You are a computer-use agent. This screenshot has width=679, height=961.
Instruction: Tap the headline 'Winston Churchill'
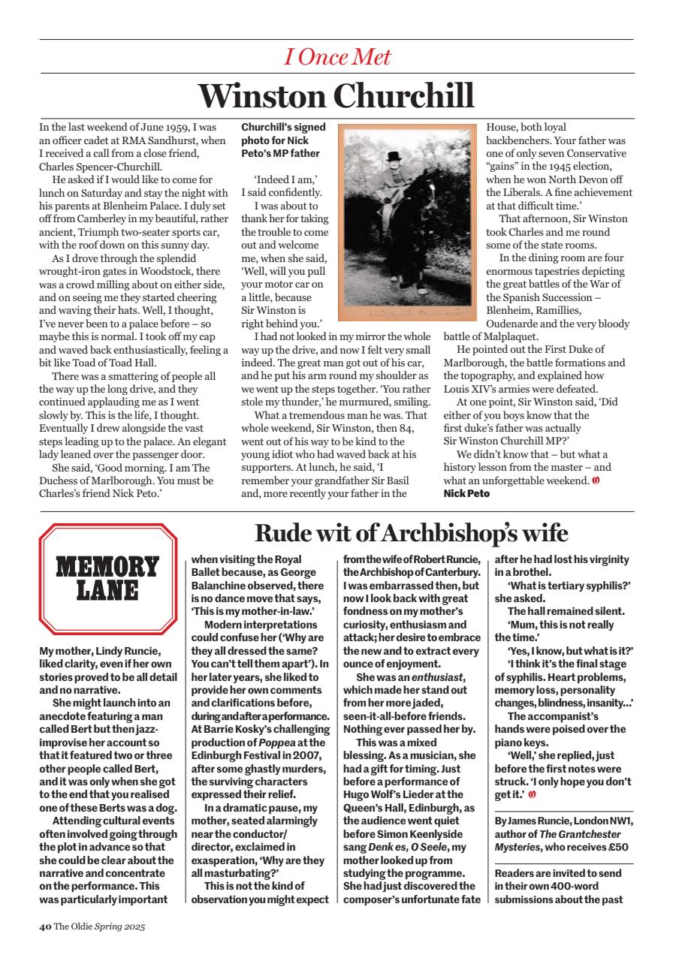tap(336, 96)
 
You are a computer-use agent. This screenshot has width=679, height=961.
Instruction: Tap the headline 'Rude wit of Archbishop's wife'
tap(411, 533)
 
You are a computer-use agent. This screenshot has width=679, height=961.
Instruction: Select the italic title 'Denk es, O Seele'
tap(408, 847)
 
